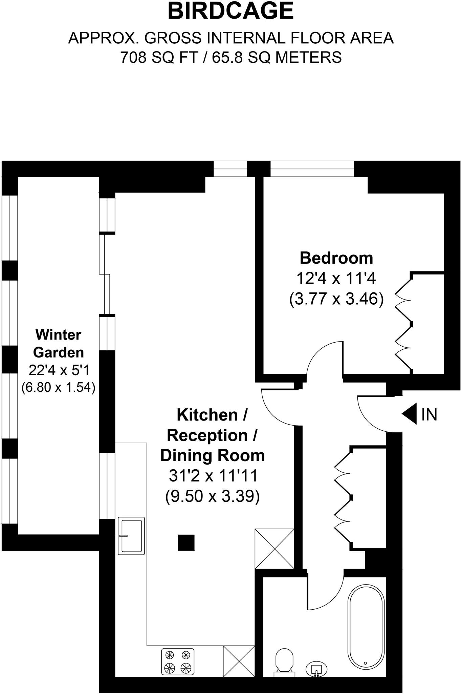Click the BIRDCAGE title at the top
(231, 11)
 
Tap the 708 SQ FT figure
(159, 57)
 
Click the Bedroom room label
(336, 258)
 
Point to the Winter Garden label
(58, 344)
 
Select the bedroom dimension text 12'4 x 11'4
(336, 279)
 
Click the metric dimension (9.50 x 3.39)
(212, 496)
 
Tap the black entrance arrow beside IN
(410, 414)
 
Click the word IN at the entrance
(429, 414)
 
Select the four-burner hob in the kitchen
(178, 661)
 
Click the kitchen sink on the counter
(131, 536)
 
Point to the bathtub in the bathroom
(366, 627)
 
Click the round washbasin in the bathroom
(316, 669)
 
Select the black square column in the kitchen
(186, 543)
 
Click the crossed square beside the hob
(239, 661)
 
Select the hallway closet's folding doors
(343, 497)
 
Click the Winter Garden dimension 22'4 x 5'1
(59, 370)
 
